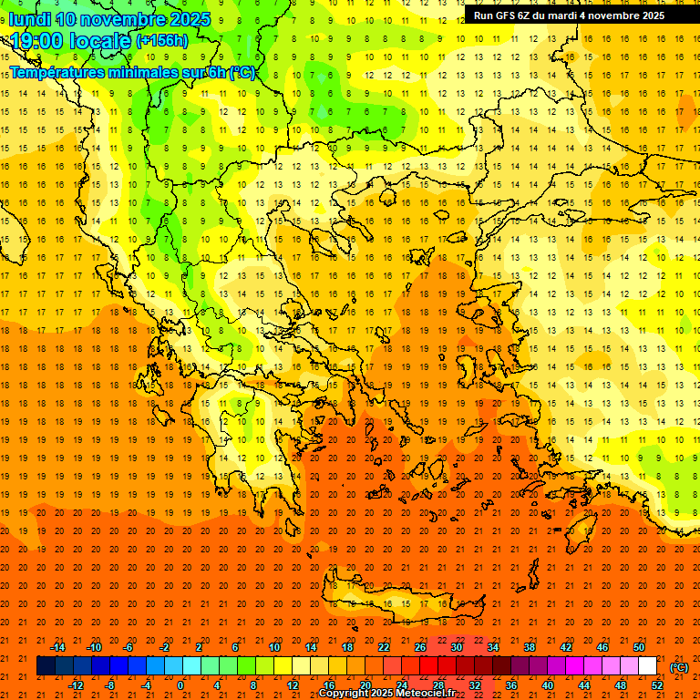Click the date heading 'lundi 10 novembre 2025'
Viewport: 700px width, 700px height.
109,19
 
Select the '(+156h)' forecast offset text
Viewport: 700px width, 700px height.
162,41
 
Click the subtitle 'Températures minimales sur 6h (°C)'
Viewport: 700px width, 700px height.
132,72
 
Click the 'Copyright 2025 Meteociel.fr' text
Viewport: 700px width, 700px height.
386,694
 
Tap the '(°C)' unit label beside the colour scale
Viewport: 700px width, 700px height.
679,667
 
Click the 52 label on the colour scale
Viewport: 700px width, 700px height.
657,685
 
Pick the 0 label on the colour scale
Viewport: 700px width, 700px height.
180,685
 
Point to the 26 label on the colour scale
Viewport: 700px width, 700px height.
420,647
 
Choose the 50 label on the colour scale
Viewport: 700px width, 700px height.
639,647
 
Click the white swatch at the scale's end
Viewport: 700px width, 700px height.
648,666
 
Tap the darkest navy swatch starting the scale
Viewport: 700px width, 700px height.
46,666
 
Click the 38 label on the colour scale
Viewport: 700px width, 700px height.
530,647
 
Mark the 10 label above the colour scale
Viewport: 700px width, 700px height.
274,647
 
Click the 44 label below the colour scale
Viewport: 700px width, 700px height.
584,685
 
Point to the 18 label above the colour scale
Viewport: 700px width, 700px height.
347,647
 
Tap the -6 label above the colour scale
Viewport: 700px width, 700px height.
129,647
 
